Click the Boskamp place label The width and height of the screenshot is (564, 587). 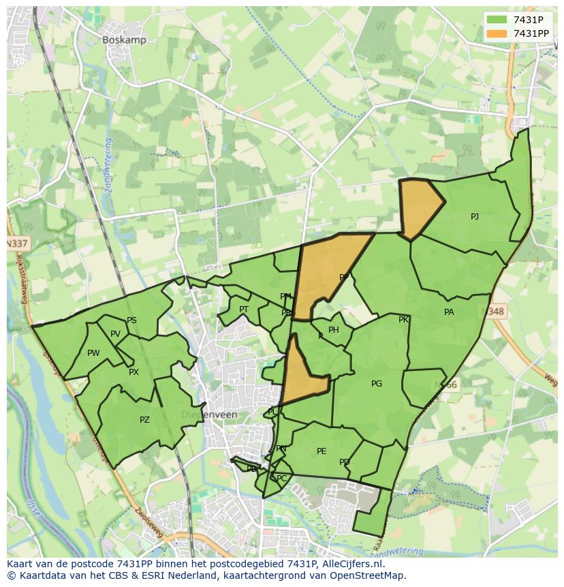(124, 40)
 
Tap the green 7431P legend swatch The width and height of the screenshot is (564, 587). (497, 19)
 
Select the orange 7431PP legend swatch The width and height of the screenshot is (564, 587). (497, 33)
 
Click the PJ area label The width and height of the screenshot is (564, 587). (475, 217)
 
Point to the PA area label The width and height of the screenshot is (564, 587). (449, 312)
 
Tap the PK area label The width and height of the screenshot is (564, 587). (403, 320)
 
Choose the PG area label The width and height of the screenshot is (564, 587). (377, 384)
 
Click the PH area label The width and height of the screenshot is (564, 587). (334, 330)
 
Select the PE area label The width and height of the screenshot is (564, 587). (322, 451)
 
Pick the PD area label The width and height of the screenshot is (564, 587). (345, 462)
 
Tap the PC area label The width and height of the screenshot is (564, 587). (282, 479)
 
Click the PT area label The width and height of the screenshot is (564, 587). (244, 310)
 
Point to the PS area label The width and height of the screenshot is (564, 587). (131, 320)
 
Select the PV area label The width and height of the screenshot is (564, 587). (115, 334)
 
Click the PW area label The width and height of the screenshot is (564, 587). (93, 353)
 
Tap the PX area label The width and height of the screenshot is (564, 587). (134, 372)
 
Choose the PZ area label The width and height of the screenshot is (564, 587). (144, 420)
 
